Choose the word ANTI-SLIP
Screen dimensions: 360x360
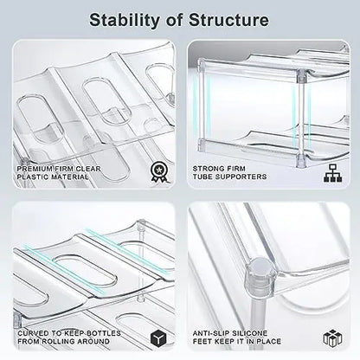point(215,331)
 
